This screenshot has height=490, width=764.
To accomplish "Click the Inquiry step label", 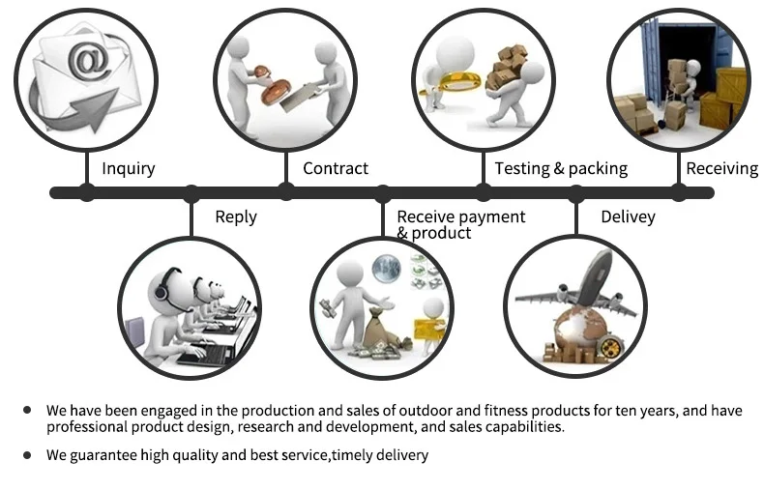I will click(x=128, y=168).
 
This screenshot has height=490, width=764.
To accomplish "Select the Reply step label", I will click(x=235, y=216).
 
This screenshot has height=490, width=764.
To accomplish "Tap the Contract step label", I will click(x=335, y=168).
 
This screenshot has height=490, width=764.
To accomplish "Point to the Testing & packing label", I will click(x=561, y=168).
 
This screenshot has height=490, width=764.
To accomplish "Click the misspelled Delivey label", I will click(x=628, y=216).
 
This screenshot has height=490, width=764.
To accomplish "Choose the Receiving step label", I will click(x=721, y=168).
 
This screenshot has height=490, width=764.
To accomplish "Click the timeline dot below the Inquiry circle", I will click(x=87, y=192).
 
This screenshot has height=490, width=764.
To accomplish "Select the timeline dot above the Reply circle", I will click(x=191, y=192).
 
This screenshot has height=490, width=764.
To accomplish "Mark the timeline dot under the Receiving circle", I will click(x=679, y=192).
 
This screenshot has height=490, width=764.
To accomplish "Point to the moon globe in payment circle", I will click(x=387, y=266).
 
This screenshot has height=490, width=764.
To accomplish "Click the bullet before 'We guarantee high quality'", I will click(x=27, y=454).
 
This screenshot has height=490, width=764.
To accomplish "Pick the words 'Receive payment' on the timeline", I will click(x=461, y=216).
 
